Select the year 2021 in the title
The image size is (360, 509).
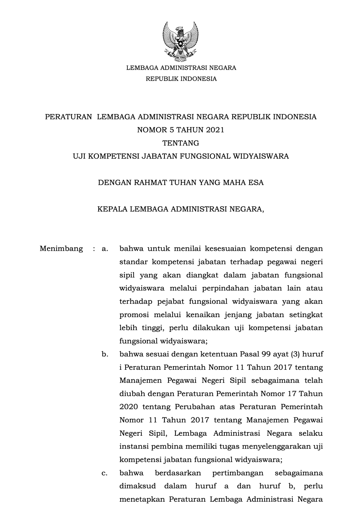coord(215,130)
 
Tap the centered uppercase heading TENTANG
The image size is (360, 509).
coord(181,143)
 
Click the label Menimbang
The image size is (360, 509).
coord(61,249)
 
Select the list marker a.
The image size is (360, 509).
coord(105,249)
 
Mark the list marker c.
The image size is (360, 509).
coord(105,473)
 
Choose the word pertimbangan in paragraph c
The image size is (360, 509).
coord(238,473)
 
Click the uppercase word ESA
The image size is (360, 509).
coord(256,183)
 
